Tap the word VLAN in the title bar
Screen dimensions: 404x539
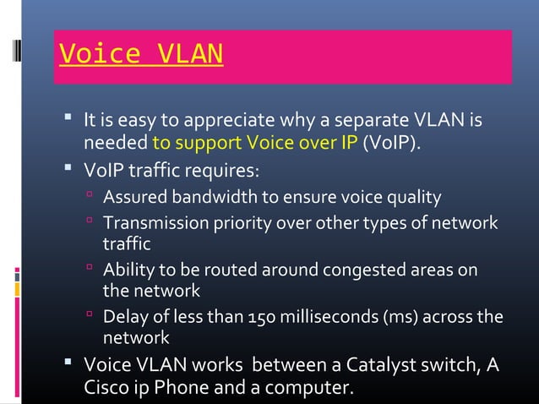click(190, 54)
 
